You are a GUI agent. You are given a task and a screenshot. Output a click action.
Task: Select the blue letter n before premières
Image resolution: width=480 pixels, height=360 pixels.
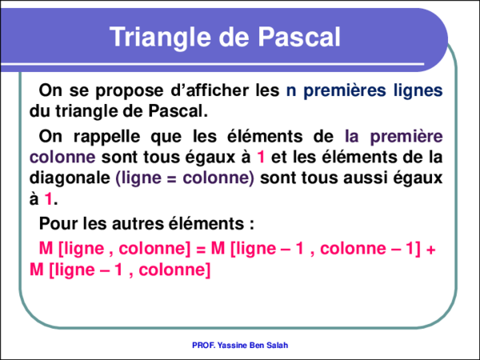pyautogui.click(x=290, y=90)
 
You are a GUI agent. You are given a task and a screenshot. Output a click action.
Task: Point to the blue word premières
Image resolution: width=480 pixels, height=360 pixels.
pyautogui.click(x=344, y=90)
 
